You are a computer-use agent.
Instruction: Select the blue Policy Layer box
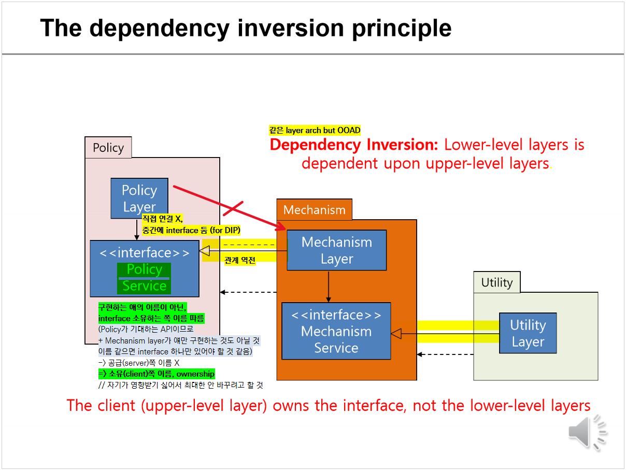[139, 198]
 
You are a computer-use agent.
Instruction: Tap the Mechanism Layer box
[336, 250]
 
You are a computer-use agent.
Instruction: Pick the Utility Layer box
[528, 333]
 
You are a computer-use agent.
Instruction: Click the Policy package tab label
[108, 148]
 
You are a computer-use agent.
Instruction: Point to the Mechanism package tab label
[314, 210]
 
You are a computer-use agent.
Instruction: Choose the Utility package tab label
[496, 282]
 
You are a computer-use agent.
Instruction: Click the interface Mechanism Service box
[336, 331]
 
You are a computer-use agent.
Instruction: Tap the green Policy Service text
[144, 278]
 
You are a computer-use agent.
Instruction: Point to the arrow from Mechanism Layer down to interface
[329, 287]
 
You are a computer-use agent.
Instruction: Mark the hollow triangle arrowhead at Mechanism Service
[396, 334]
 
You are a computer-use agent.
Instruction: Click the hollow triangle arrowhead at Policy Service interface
[205, 251]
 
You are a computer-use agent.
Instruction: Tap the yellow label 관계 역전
[239, 261]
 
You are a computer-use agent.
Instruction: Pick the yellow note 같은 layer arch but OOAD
[315, 131]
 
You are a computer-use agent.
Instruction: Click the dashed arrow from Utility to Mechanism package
[446, 354]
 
